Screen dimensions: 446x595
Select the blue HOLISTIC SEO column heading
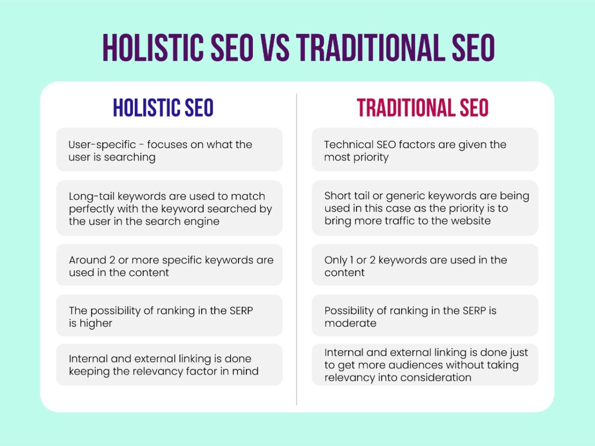[x=163, y=108]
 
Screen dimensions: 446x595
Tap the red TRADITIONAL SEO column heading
[x=423, y=108]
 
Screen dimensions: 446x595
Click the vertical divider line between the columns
[x=297, y=248]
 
